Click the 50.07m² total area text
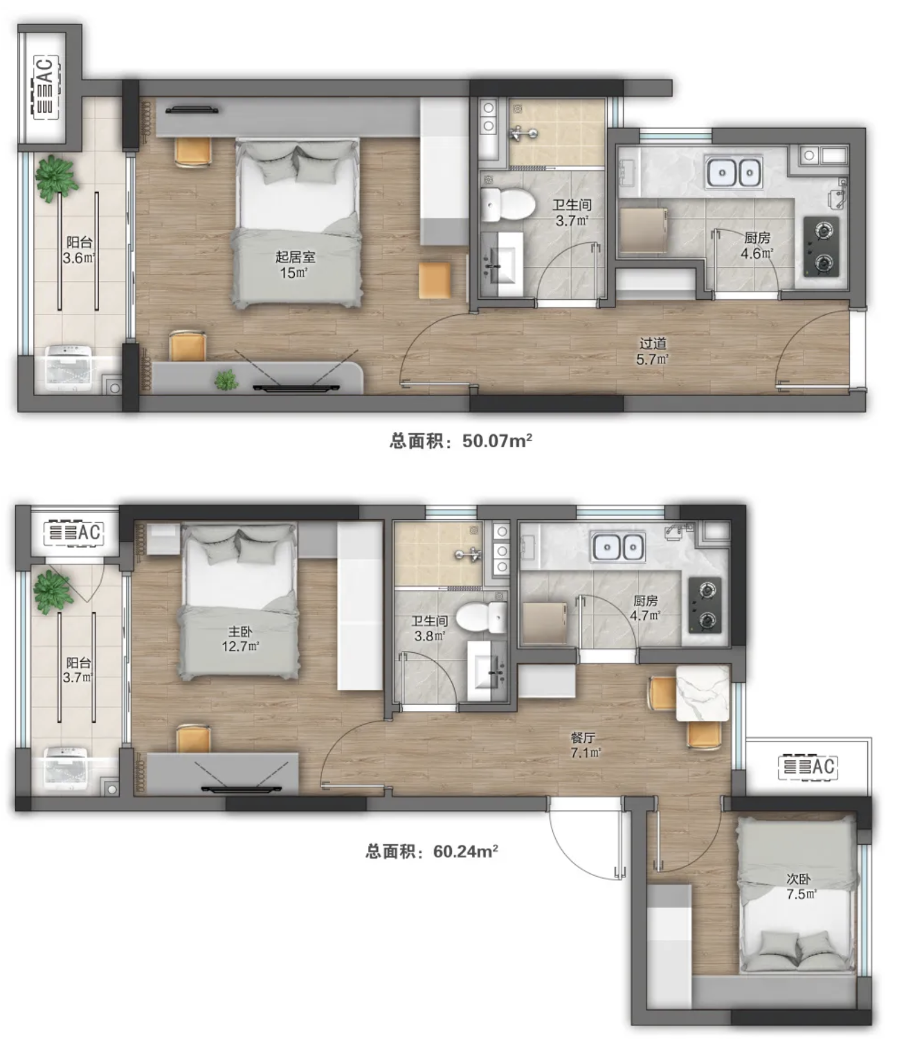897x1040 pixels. coord(460,441)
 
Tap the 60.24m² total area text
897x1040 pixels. coord(432,851)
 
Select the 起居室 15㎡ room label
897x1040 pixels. coord(295,265)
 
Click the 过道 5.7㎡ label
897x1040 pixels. coord(653,351)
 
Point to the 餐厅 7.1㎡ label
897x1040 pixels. coord(585,745)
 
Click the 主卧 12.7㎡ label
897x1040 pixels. coord(240,638)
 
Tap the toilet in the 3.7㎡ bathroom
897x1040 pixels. coord(507,205)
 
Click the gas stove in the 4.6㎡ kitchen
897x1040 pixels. coord(821,246)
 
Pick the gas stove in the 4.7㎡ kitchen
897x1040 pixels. coord(705,605)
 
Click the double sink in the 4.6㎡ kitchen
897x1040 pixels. coord(734,172)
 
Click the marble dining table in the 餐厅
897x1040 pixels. coord(703,693)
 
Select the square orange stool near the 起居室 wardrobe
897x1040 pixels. coord(435,280)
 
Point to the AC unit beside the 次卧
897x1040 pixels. coord(808,767)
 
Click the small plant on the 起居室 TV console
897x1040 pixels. coord(226,380)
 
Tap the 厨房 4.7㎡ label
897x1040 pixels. coord(646,608)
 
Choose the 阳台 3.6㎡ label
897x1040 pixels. coord(79,250)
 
